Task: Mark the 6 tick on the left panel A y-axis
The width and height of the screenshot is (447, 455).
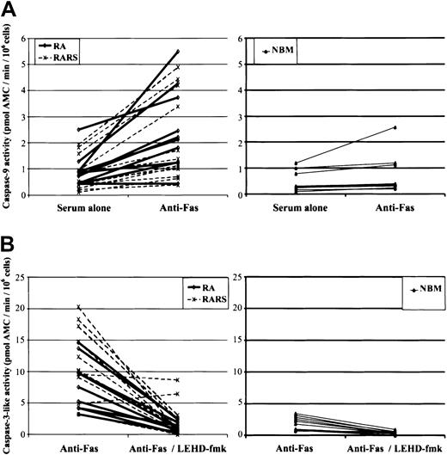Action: point(35,38)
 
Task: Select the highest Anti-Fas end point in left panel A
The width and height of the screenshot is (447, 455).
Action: point(177,52)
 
